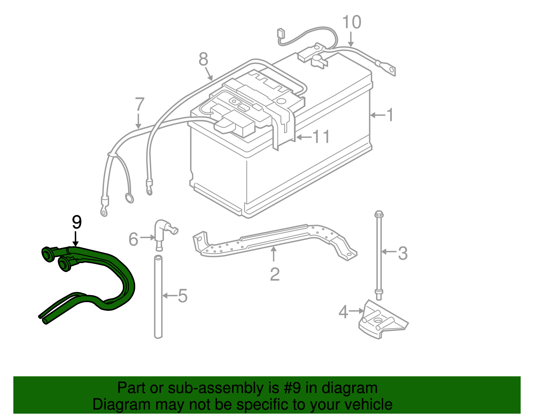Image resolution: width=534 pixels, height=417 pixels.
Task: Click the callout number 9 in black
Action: (x=77, y=223)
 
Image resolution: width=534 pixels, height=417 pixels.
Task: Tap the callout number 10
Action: (x=351, y=22)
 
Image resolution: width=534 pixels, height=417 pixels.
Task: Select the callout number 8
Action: (x=203, y=60)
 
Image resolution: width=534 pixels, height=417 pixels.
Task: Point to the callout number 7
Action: (x=140, y=105)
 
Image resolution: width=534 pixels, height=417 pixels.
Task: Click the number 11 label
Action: (x=321, y=137)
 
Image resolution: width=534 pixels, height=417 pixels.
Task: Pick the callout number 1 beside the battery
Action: (x=389, y=115)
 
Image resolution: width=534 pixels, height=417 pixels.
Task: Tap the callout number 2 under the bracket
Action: (x=274, y=274)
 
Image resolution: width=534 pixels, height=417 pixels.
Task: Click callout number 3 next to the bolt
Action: (x=403, y=253)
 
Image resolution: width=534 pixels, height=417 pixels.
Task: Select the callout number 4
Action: (x=343, y=312)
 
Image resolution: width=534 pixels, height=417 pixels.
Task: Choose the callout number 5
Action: (x=183, y=296)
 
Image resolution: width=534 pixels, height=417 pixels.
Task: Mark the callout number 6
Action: (x=133, y=239)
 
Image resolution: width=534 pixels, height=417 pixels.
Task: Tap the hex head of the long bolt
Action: (x=379, y=214)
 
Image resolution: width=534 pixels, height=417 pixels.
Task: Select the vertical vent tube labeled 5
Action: (x=158, y=297)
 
